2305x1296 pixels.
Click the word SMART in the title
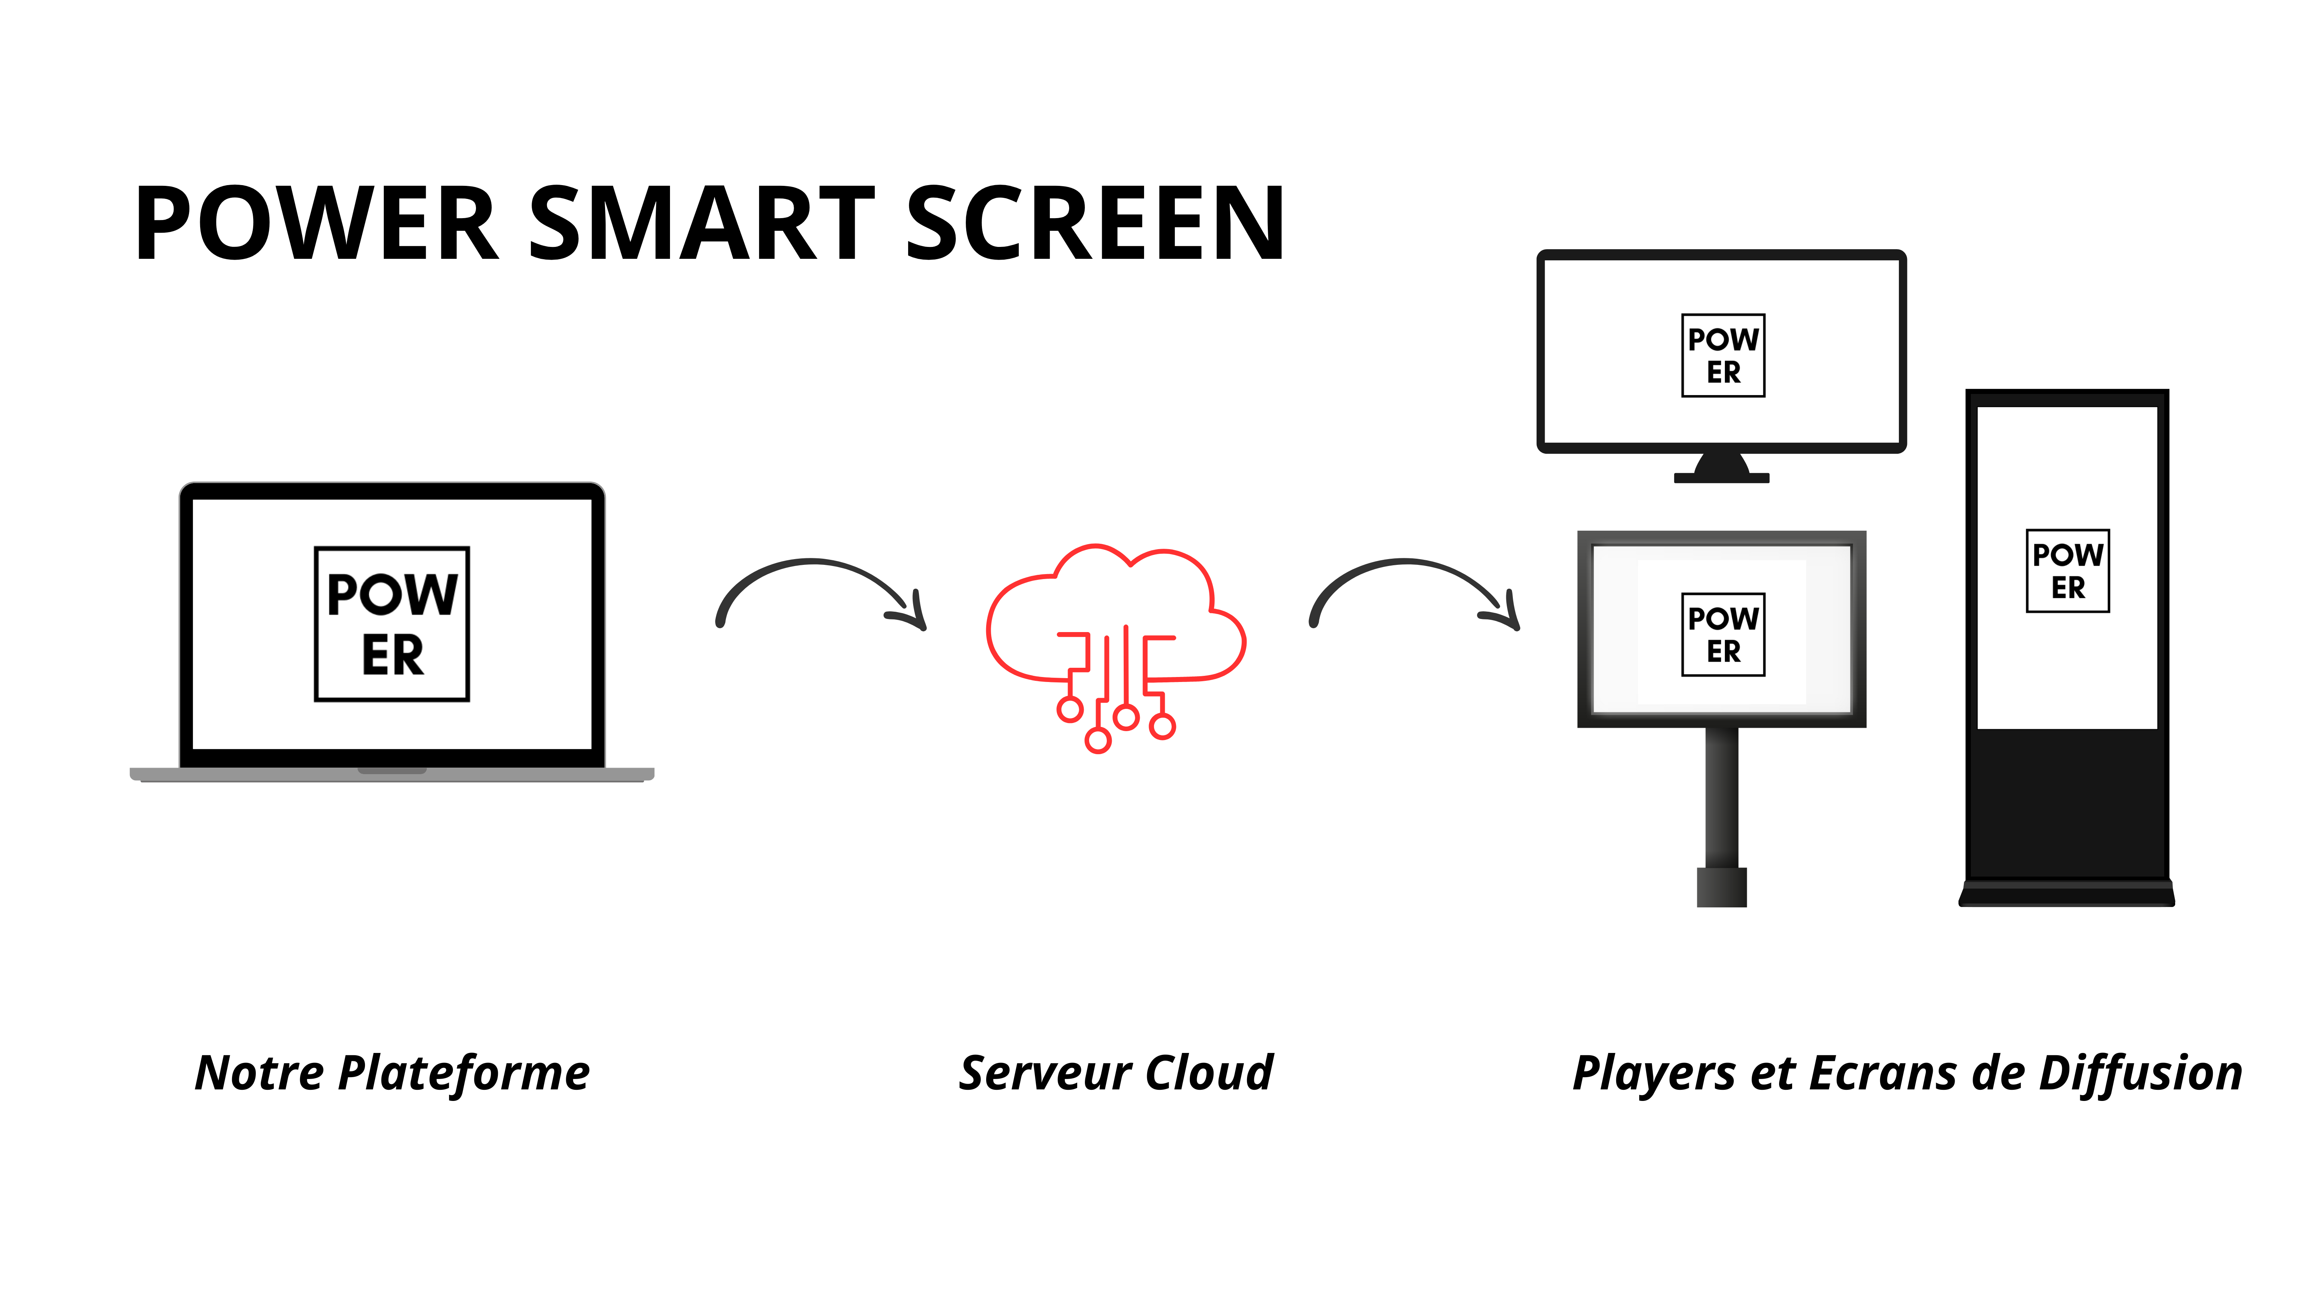point(702,223)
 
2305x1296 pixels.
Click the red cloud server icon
point(1116,644)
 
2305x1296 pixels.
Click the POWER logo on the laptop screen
point(392,623)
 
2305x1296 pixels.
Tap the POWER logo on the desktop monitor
point(1723,355)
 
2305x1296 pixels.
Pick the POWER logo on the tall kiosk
point(2067,571)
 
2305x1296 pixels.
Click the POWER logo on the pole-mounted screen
point(1723,634)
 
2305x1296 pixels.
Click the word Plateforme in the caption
point(464,1073)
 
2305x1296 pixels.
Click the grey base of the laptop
point(392,775)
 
